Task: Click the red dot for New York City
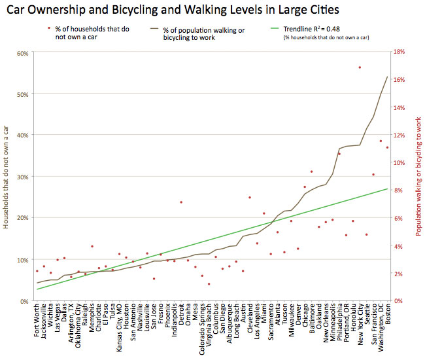pos(360,67)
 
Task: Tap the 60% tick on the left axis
pos(22,53)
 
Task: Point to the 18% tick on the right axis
pos(400,53)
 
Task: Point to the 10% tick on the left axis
pos(22,260)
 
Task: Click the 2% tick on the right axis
pos(399,274)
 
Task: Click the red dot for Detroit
pos(181,202)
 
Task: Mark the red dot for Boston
pos(387,147)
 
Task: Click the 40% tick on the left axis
pos(22,135)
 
